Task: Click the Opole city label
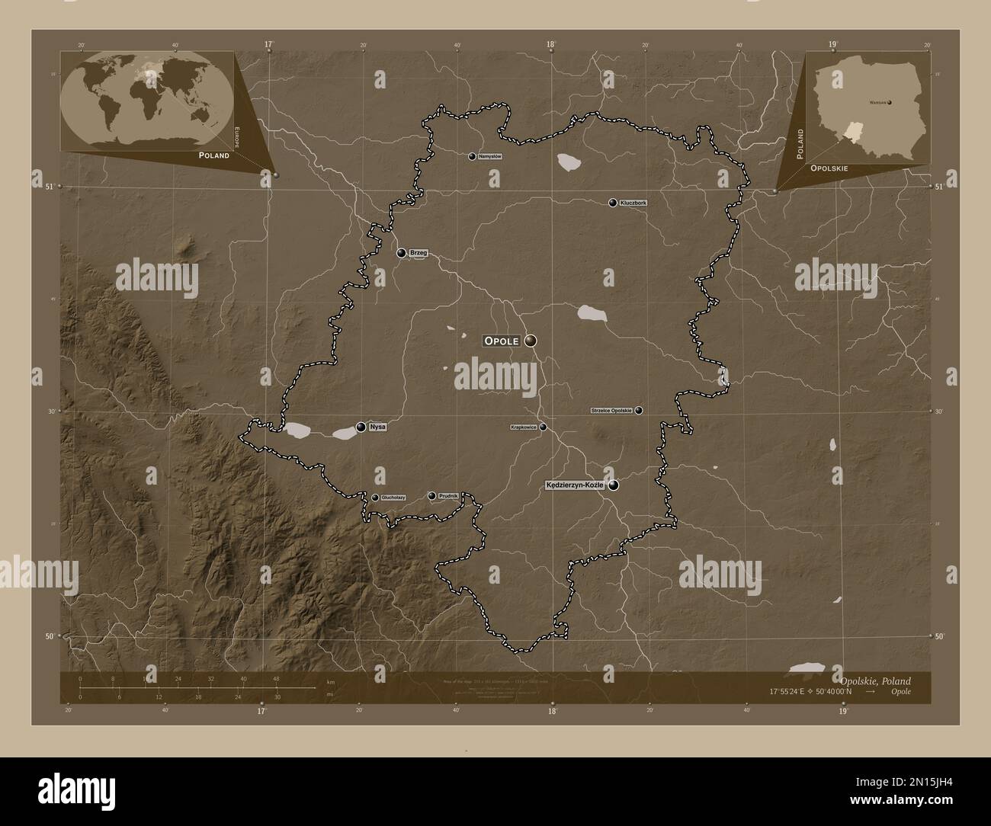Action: pyautogui.click(x=501, y=341)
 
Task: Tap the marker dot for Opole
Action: pyautogui.click(x=531, y=341)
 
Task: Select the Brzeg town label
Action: pyautogui.click(x=418, y=252)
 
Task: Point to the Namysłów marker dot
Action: pyautogui.click(x=472, y=156)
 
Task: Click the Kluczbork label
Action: pyautogui.click(x=633, y=203)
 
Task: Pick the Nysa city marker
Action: pyautogui.click(x=361, y=427)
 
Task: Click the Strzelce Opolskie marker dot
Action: pyautogui.click(x=639, y=410)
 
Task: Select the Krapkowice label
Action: pyautogui.click(x=524, y=427)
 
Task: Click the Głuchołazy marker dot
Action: pyautogui.click(x=375, y=498)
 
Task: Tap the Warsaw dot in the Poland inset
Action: pyautogui.click(x=889, y=101)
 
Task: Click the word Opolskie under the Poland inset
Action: pyautogui.click(x=829, y=168)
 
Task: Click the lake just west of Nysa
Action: pyautogui.click(x=297, y=431)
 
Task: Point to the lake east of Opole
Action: pyautogui.click(x=591, y=312)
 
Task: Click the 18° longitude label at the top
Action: pyautogui.click(x=550, y=44)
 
